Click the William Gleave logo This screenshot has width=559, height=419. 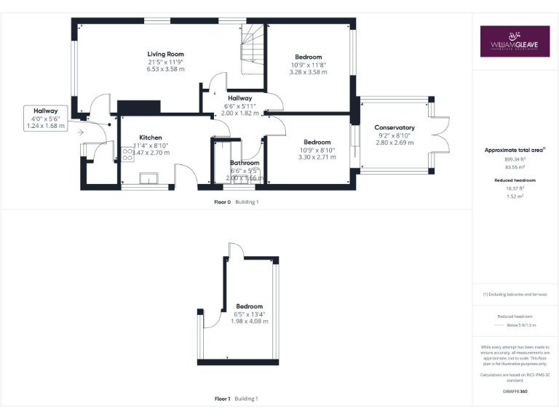click(515, 41)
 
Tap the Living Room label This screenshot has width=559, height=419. click(165, 54)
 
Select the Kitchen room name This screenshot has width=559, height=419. click(151, 137)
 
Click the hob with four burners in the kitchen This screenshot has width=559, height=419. click(127, 154)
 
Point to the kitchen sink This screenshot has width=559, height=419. click(151, 177)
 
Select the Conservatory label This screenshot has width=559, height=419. click(396, 127)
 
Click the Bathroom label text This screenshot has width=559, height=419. click(245, 163)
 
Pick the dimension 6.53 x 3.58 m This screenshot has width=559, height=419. click(165, 69)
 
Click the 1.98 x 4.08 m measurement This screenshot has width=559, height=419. click(249, 321)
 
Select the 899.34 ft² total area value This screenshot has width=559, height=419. click(515, 159)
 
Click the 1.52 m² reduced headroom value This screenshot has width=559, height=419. click(515, 196)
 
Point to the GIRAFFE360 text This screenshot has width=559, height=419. click(515, 391)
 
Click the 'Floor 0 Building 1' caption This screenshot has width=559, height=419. click(237, 201)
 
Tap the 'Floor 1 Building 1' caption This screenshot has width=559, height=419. click(237, 399)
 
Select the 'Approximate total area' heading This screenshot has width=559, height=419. click(515, 150)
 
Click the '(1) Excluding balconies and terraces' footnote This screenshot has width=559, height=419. click(515, 295)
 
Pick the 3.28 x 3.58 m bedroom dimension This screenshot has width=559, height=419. click(308, 72)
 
